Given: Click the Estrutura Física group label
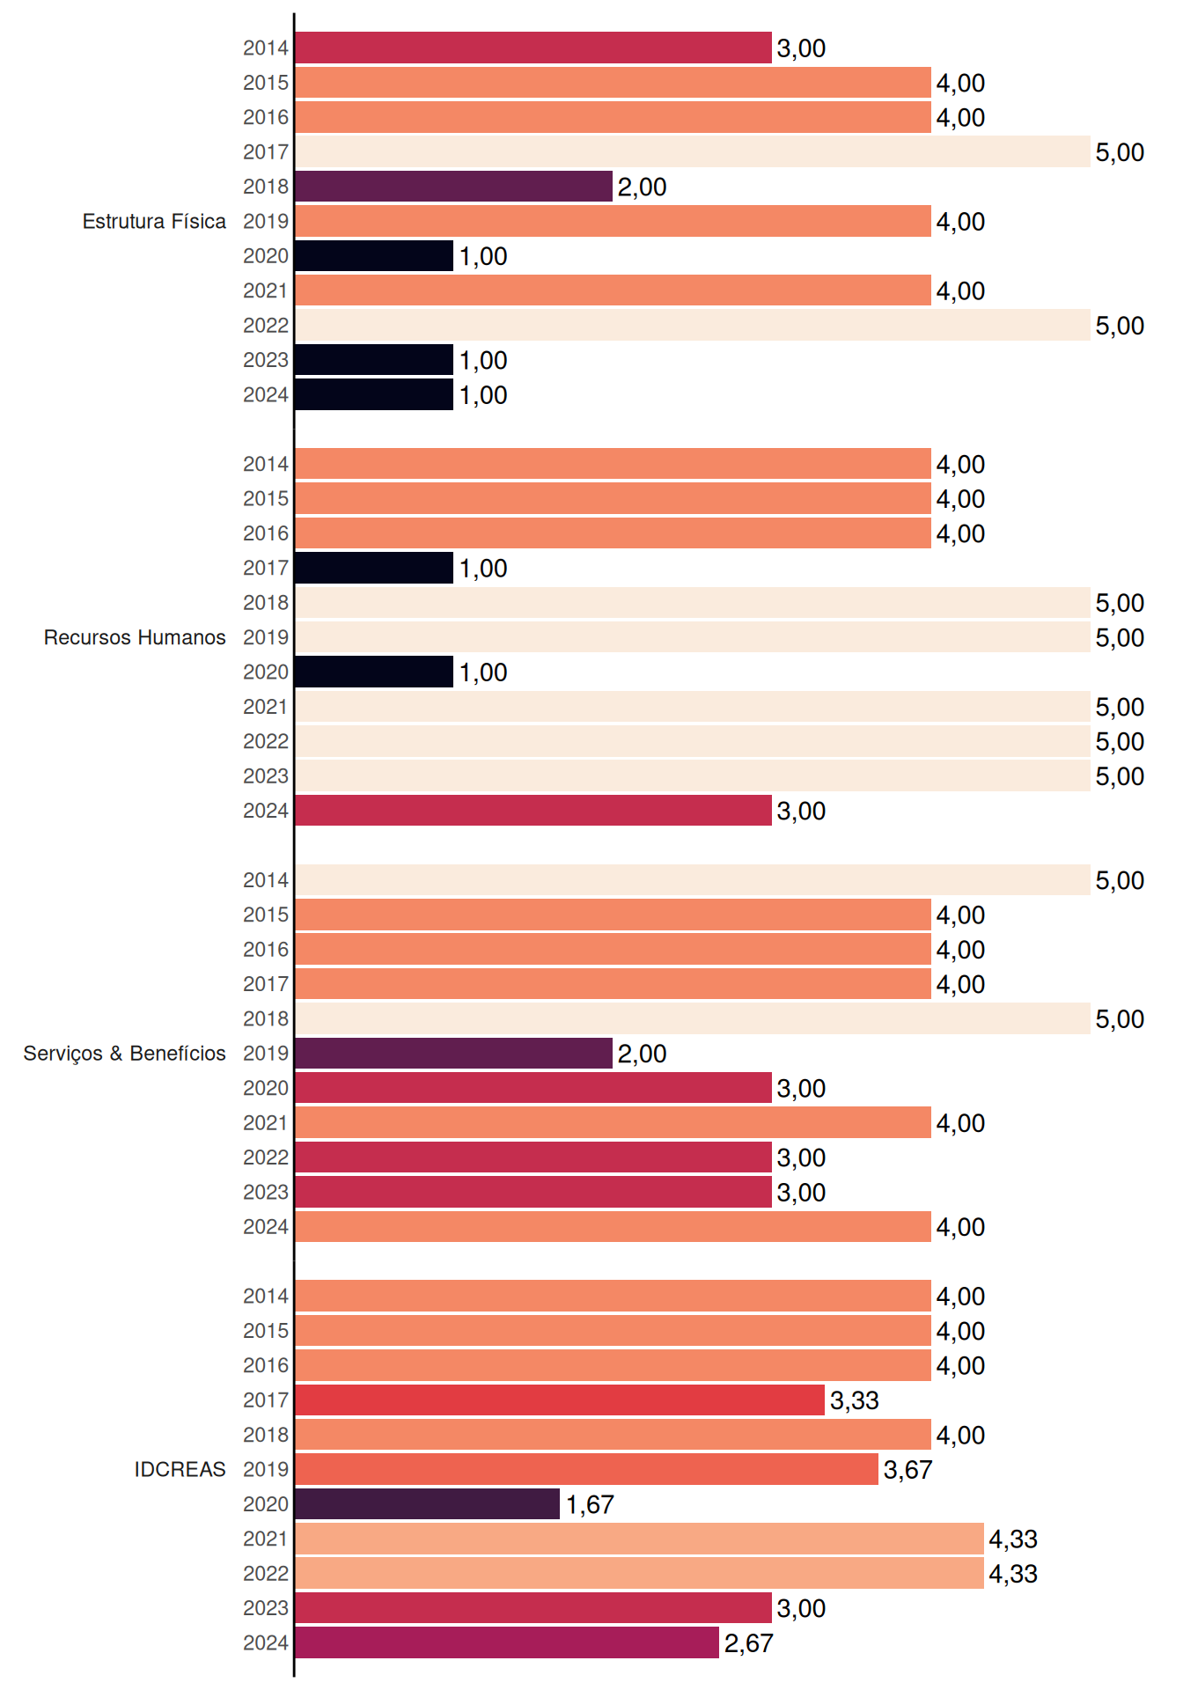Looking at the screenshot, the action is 154,221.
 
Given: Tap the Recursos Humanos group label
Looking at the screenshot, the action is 135,637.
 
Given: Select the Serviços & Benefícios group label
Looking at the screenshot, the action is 124,1054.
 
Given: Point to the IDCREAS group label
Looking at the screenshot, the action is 180,1469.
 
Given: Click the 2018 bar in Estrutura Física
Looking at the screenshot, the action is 453,187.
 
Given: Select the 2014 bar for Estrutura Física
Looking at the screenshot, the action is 533,48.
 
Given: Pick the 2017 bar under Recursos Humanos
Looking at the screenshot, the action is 374,568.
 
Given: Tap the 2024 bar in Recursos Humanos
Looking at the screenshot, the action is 533,811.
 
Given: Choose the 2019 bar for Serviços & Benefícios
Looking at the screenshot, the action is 453,1054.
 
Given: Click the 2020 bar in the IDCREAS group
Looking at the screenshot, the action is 427,1504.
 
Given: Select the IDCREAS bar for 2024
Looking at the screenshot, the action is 507,1642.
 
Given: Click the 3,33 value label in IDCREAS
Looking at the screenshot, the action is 855,1400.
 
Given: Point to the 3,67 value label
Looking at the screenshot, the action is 907,1470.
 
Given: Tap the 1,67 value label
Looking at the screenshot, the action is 590,1505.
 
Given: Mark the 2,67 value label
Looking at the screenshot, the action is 749,1643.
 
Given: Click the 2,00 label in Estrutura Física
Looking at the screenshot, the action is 643,187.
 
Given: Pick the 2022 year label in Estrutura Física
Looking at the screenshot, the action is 266,326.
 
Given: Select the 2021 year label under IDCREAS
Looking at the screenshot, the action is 266,1539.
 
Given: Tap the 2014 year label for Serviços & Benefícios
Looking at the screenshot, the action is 266,880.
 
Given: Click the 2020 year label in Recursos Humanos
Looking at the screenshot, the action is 266,672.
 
